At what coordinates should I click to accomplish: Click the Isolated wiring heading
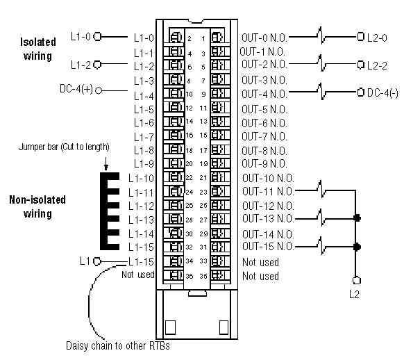click(x=38, y=49)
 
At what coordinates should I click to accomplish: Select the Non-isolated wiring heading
click(x=37, y=207)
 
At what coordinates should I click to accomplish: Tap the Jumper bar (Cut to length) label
click(x=64, y=147)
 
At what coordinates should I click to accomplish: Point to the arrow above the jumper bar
click(x=106, y=164)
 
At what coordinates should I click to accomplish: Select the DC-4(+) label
click(x=76, y=89)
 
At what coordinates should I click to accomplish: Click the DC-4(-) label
click(x=382, y=93)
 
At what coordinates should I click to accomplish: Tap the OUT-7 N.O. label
click(x=264, y=136)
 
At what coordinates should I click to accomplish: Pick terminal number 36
click(x=190, y=276)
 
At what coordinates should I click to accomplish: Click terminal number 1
click(x=203, y=39)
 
